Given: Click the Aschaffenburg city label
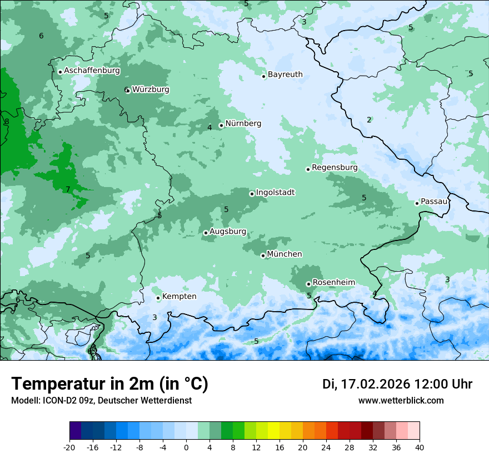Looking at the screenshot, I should (92, 71).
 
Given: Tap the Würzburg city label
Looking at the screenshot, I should (150, 90).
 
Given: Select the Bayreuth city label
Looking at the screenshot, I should (285, 75).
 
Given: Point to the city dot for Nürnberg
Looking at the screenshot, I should (221, 125).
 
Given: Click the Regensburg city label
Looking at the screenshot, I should (335, 168).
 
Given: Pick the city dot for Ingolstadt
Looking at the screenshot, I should (252, 194).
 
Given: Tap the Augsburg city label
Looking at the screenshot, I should (227, 232).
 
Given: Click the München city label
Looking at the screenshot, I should (285, 254).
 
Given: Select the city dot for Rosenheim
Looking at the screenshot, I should (308, 284).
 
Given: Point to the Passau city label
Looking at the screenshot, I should (434, 201).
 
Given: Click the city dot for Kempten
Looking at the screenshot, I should (158, 298).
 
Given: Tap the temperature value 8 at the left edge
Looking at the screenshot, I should (7, 122).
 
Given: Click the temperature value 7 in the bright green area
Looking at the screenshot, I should (68, 190).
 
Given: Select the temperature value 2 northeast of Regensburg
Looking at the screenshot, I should (369, 120).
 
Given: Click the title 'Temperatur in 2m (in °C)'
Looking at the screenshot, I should (109, 384).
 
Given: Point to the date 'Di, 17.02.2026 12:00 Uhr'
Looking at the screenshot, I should (397, 384).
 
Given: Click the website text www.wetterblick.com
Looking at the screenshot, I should (401, 401).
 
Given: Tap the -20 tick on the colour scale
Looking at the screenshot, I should (69, 447).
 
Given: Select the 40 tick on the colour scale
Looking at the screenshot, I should (420, 447).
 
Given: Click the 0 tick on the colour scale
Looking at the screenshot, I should (186, 447).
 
